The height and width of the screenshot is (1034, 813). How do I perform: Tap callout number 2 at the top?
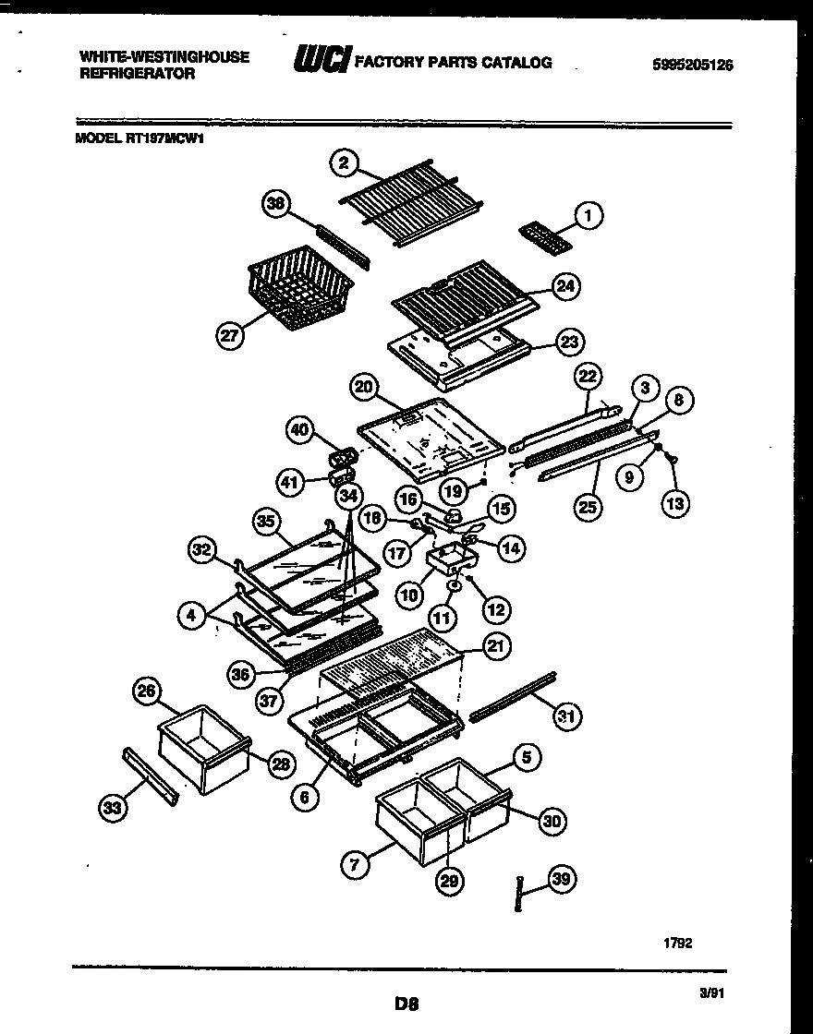344,163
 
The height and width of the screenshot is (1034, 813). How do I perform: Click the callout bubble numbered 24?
566,287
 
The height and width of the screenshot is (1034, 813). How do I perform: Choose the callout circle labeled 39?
560,880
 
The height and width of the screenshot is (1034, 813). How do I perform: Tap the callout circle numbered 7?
355,865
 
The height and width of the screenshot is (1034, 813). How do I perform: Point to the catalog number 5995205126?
686,65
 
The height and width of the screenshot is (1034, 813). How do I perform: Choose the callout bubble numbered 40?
299,431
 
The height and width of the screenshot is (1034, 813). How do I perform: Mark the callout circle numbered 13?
673,503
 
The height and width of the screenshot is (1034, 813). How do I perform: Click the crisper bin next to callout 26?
204,750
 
